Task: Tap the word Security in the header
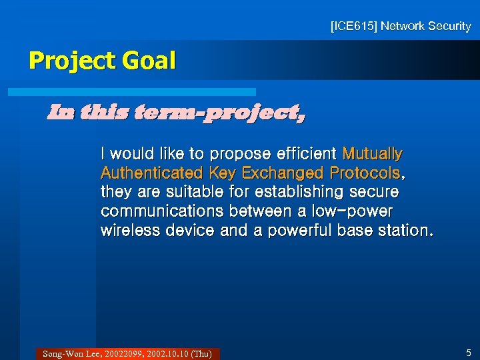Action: (449, 27)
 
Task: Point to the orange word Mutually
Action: (372, 154)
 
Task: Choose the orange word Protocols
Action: (365, 173)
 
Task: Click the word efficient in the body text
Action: (305, 154)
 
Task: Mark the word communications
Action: (162, 212)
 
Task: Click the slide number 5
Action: (469, 353)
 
